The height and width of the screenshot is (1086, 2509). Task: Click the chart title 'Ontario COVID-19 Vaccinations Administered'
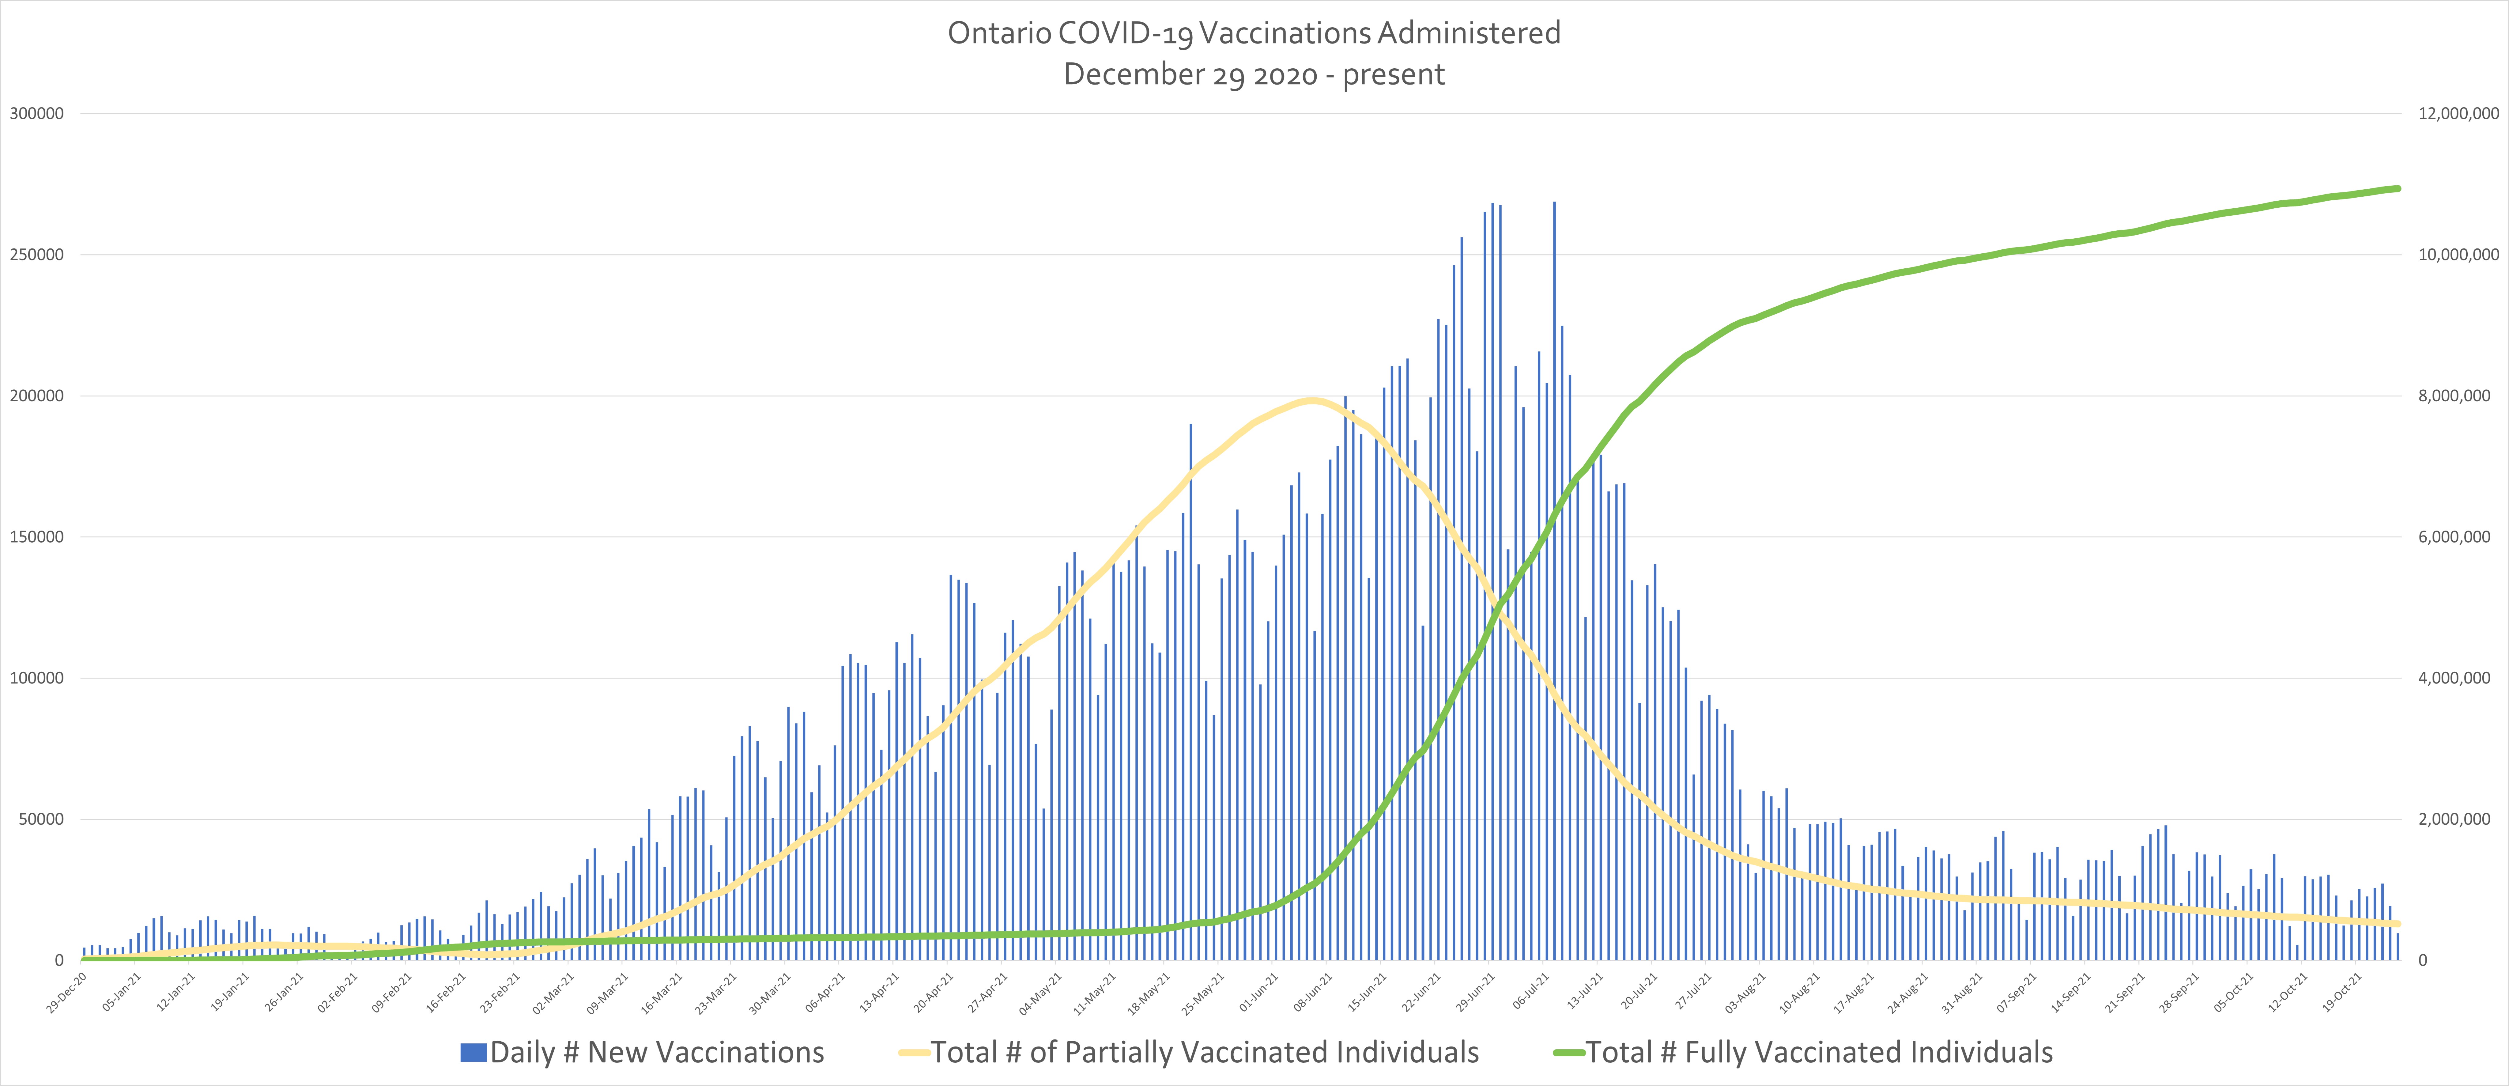click(1254, 33)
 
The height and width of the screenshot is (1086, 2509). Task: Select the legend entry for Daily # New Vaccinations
click(643, 1052)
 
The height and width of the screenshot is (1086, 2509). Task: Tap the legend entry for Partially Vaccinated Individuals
click(1188, 1052)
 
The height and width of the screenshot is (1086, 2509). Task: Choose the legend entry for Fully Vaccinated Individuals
click(1802, 1052)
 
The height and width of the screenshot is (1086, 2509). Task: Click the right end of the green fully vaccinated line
click(2398, 188)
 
